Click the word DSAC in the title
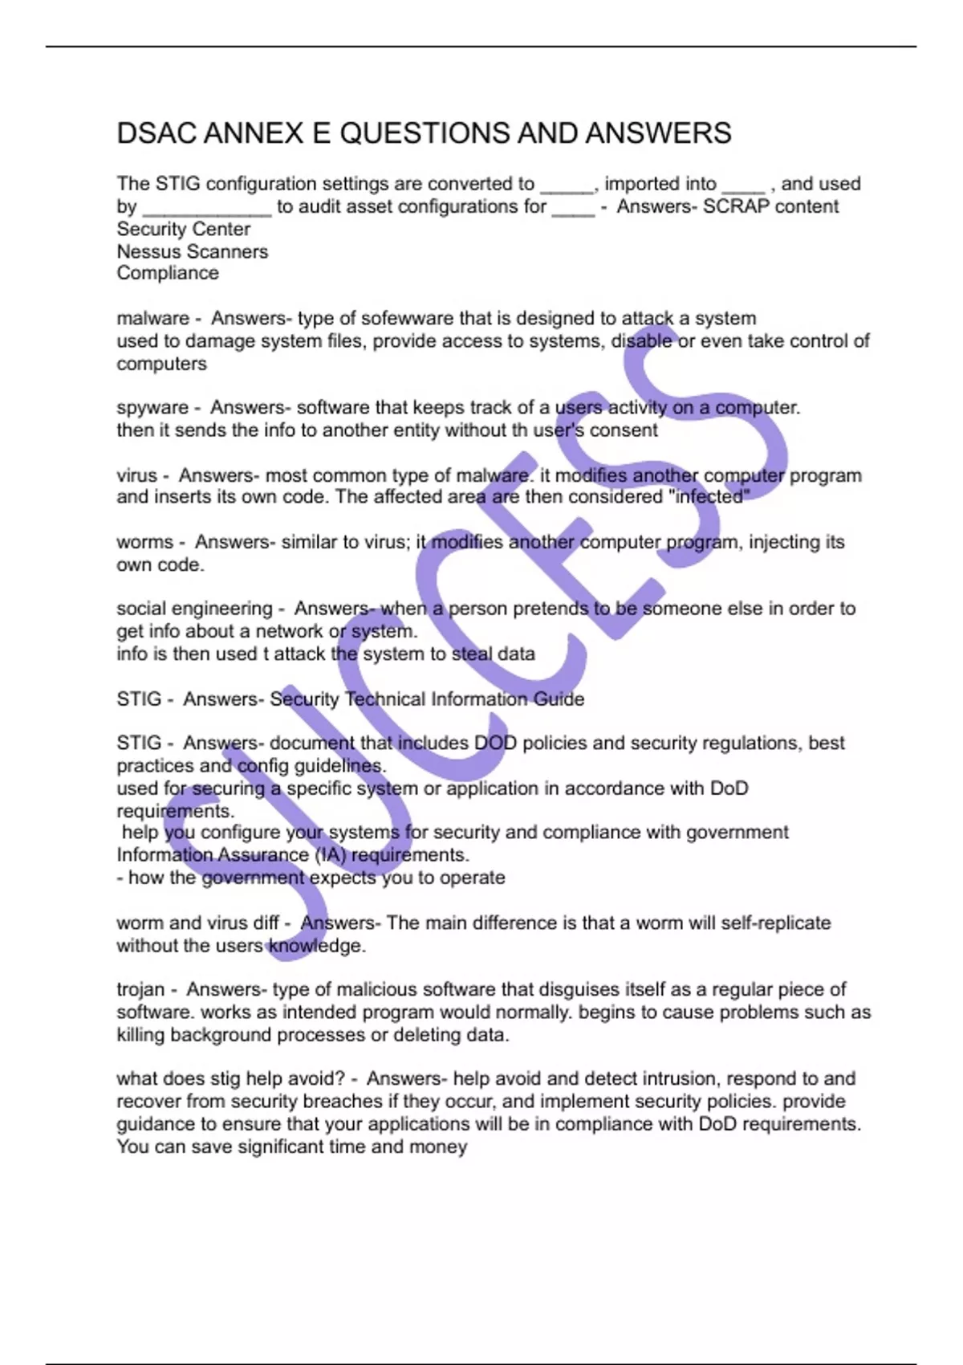pos(156,133)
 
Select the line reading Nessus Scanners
pos(193,251)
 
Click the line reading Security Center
pos(184,229)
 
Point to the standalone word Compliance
pos(168,273)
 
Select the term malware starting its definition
pos(152,319)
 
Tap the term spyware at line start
pos(152,408)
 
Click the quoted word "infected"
pos(709,497)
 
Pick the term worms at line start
pos(144,542)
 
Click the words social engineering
pos(194,609)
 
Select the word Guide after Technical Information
pos(559,699)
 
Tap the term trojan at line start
pos(140,990)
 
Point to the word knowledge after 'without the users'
pos(316,946)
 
